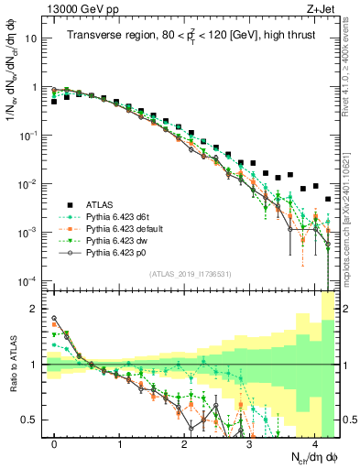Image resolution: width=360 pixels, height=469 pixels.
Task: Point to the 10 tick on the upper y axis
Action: click(x=32, y=39)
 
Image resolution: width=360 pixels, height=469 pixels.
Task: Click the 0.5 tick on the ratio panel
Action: click(x=33, y=420)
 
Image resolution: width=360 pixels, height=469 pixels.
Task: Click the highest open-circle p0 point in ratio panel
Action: click(x=55, y=319)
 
